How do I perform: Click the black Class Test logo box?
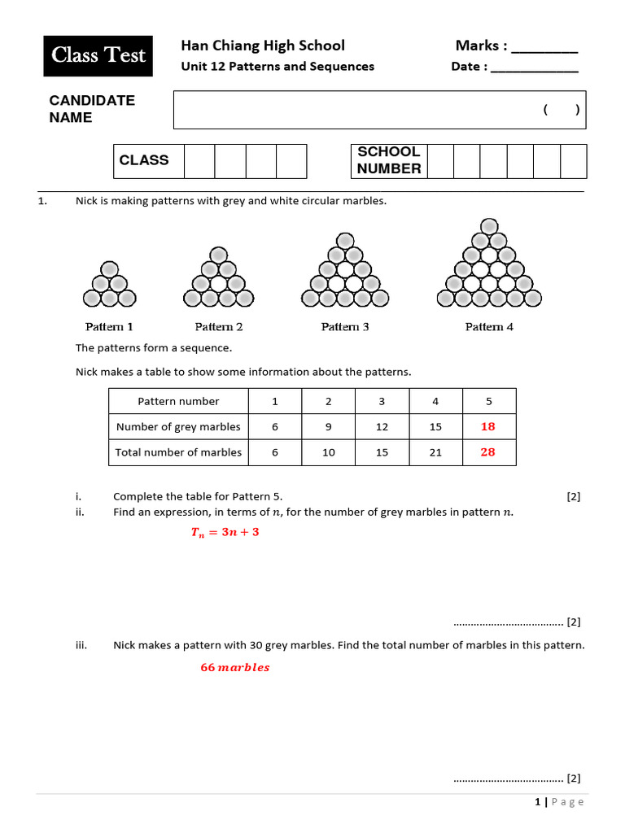98,55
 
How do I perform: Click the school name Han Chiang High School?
262,46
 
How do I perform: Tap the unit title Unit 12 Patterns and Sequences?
278,67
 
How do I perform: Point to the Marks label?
481,46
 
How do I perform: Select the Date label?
470,67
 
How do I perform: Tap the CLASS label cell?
144,160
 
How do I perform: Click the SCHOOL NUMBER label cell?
389,160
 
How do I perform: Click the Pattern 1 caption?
109,327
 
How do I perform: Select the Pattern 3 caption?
345,327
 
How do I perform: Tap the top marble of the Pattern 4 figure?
489,225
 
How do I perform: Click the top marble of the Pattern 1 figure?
109,268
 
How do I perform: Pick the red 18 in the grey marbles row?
488,426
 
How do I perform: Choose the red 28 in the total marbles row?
488,452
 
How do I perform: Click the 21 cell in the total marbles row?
435,452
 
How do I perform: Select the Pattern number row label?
178,401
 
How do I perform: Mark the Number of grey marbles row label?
178,426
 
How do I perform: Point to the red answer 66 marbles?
235,668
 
